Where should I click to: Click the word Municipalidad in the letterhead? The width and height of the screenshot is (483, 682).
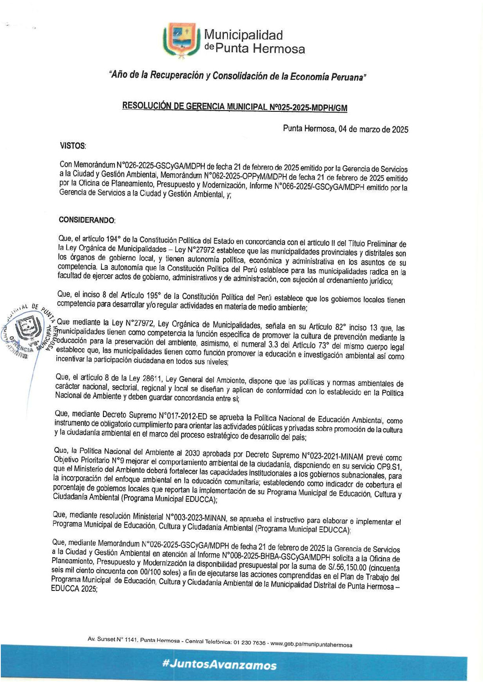(243, 35)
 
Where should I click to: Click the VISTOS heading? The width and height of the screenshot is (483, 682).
(73, 146)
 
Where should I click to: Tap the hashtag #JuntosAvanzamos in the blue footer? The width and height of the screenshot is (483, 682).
(219, 665)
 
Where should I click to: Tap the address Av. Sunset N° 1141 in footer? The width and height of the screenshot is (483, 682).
(111, 639)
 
